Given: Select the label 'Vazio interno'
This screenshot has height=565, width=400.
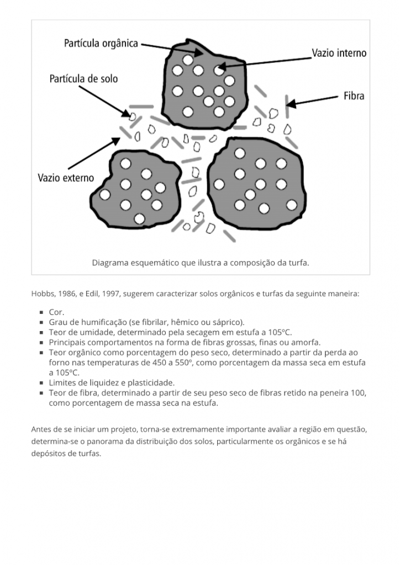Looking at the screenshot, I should [x=339, y=54].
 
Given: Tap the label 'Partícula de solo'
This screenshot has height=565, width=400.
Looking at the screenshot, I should [x=83, y=79].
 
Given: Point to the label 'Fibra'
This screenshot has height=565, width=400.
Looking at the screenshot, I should [x=354, y=96].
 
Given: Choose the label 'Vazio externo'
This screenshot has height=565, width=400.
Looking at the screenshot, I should [x=66, y=178].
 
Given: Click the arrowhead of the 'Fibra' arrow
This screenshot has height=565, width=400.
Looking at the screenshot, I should [x=291, y=103].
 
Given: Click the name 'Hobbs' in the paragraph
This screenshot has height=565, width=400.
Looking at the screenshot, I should [x=42, y=293].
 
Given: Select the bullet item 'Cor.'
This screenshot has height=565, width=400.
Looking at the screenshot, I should [x=56, y=312].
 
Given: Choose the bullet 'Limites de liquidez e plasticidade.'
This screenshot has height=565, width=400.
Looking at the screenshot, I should [x=112, y=382].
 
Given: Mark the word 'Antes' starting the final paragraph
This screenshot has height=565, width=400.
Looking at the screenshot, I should [x=41, y=429].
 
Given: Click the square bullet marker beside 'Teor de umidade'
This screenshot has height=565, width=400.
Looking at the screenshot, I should [x=41, y=333].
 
